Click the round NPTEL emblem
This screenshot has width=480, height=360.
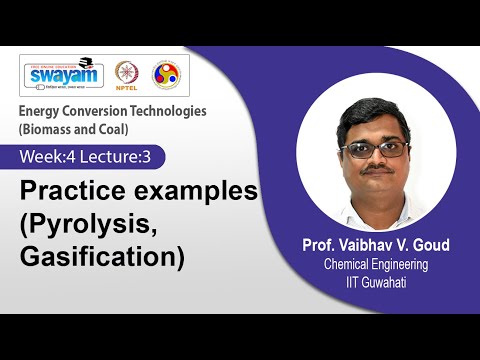(127, 74)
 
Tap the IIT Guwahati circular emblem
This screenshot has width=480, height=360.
(165, 74)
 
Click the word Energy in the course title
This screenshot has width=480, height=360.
(41, 111)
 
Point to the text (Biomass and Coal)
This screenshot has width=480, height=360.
(70, 130)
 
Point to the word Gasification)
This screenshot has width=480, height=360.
(102, 257)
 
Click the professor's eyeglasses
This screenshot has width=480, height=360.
(373, 149)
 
